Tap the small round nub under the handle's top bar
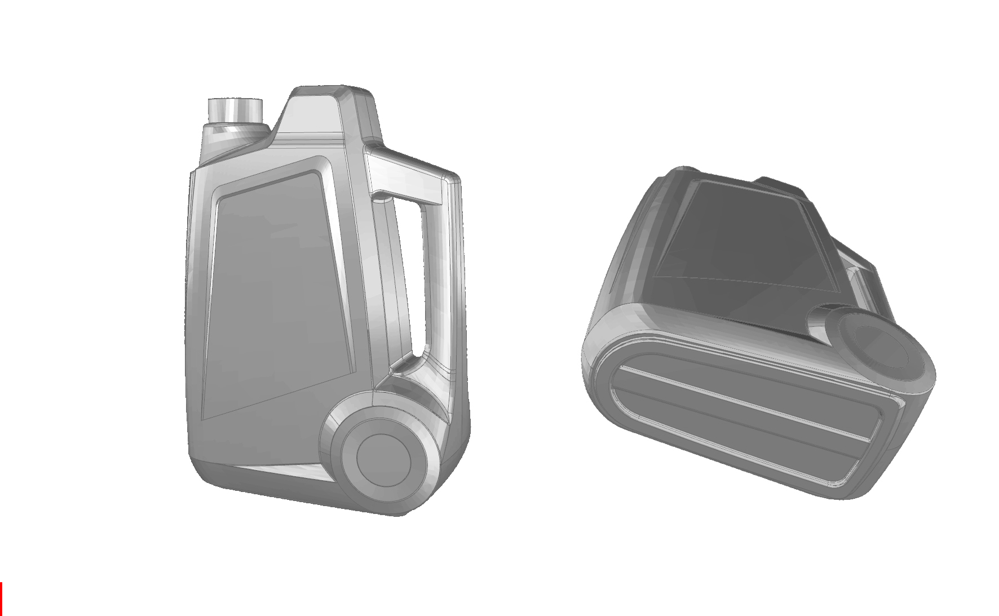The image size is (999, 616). pyautogui.click(x=382, y=198)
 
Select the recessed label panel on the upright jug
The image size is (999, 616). pyautogui.click(x=276, y=293)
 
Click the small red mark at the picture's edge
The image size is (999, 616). pyautogui.click(x=1, y=599)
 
